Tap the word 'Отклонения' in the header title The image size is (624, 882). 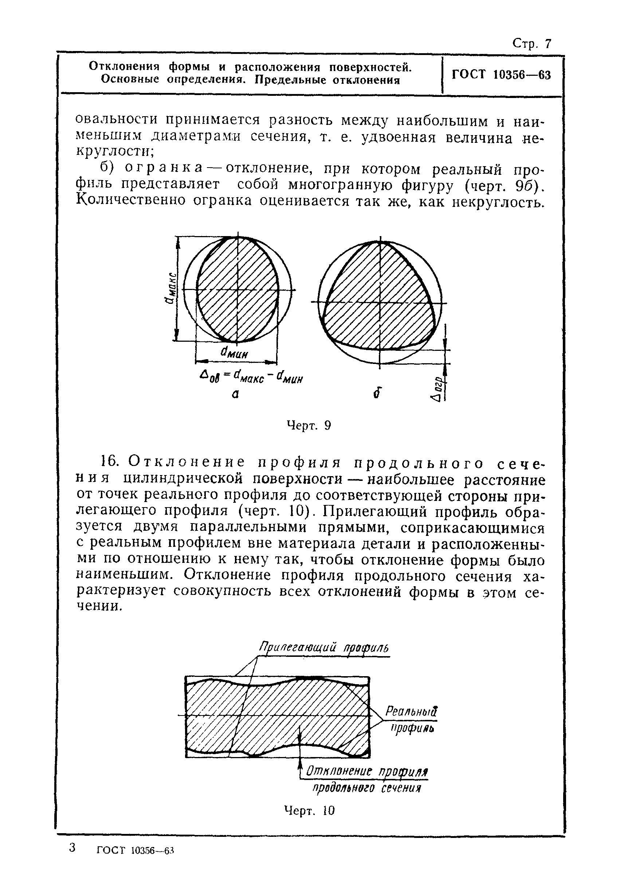pos(124,66)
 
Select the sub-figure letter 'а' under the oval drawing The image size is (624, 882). pos(235,394)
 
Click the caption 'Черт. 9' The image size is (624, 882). pos(309,426)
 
